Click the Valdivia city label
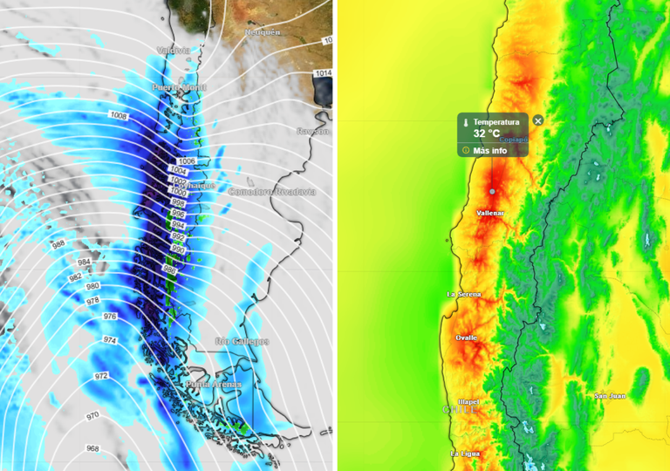[173, 51]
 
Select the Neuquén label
[262, 32]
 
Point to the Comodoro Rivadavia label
[271, 191]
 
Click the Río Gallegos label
[242, 341]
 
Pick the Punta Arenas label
[214, 385]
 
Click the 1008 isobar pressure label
[119, 116]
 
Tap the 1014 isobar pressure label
[324, 73]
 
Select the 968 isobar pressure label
[92, 448]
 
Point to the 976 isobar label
[110, 316]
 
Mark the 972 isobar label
[102, 376]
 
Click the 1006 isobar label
[187, 161]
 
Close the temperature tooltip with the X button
[538, 120]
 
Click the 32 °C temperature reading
[487, 133]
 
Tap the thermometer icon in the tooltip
[466, 123]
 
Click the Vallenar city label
[491, 213]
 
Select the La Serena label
[464, 294]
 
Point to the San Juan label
[610, 396]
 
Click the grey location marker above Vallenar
[492, 190]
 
